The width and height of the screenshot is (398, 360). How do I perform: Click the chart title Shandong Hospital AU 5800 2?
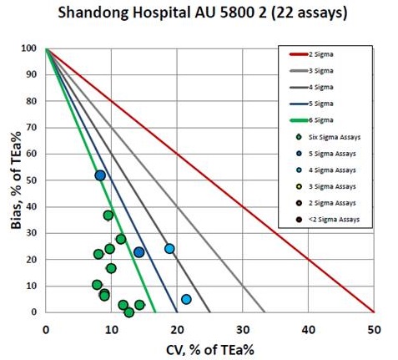point(199,14)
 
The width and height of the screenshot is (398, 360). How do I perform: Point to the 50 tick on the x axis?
point(374,323)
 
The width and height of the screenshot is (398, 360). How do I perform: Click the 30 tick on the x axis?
point(242,323)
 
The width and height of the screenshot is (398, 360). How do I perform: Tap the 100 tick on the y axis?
point(31,49)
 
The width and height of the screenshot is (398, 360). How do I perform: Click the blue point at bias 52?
point(100,175)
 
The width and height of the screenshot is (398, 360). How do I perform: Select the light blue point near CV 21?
point(186,299)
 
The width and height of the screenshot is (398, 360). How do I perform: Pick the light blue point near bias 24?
point(169,249)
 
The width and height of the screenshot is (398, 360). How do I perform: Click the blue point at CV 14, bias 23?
point(139,252)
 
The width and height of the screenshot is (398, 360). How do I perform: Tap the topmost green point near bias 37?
point(108,215)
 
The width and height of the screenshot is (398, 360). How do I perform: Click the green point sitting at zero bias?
point(128,312)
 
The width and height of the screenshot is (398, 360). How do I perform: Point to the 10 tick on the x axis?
point(111,323)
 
